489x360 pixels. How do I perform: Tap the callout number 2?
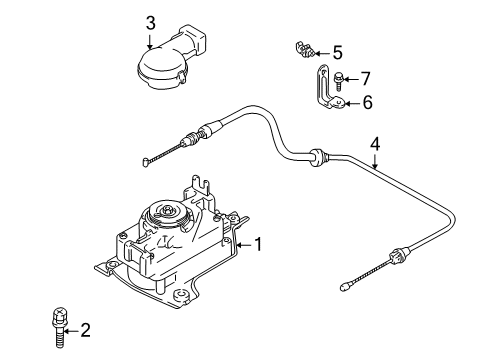pyautogui.click(x=86, y=328)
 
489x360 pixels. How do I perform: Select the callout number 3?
pyautogui.click(x=150, y=22)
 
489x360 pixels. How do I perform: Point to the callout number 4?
pyautogui.click(x=374, y=143)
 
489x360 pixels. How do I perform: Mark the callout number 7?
pyautogui.click(x=366, y=77)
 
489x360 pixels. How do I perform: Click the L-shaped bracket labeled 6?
pyautogui.click(x=326, y=90)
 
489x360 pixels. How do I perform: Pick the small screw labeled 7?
pyautogui.click(x=344, y=77)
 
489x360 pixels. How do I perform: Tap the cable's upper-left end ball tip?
pyautogui.click(x=147, y=159)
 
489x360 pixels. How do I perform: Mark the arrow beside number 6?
pyautogui.click(x=352, y=102)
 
